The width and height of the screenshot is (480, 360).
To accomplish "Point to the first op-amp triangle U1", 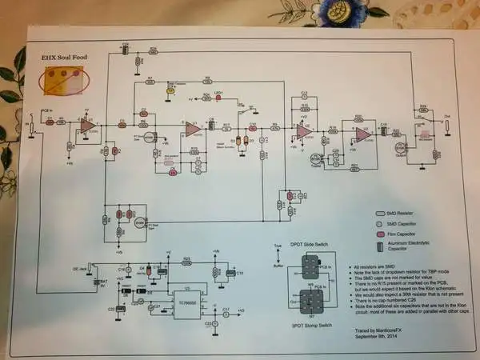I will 86,124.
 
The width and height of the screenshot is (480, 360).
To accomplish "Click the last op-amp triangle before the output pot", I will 362,134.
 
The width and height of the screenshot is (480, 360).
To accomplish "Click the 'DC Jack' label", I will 80,268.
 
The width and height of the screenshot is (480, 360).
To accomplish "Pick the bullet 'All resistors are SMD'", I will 367,267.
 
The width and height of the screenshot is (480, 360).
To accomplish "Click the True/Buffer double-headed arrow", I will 277,257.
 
